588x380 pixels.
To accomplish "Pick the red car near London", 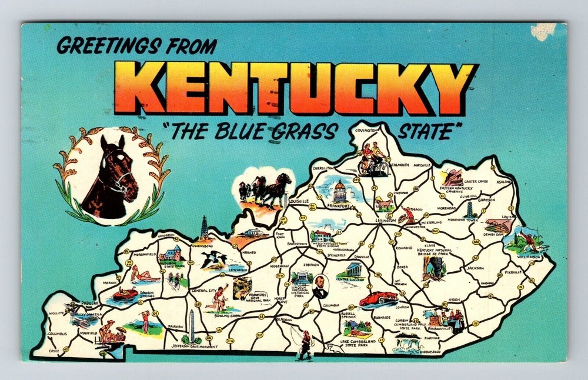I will pyautogui.click(x=378, y=298).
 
